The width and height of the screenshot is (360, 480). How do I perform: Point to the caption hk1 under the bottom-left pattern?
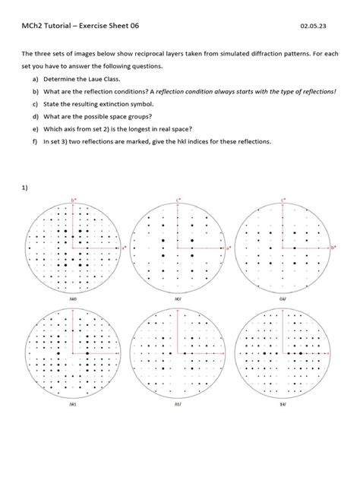(x=73, y=405)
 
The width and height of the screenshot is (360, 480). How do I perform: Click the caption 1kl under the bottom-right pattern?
(x=283, y=405)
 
